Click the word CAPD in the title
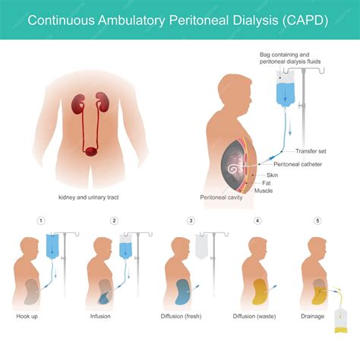305,20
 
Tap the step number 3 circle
191,221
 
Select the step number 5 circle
317,221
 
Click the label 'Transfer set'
311,151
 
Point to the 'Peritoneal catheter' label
298,164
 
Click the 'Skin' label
272,175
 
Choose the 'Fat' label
267,183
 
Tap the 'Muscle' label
264,191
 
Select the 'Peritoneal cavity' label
221,197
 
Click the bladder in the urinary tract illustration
90,152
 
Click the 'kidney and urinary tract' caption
89,197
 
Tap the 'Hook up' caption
27,316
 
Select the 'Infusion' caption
100,316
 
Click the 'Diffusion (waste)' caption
254,316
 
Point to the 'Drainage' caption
313,316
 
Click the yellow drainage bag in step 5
340,321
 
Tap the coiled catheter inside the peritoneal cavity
234,169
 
